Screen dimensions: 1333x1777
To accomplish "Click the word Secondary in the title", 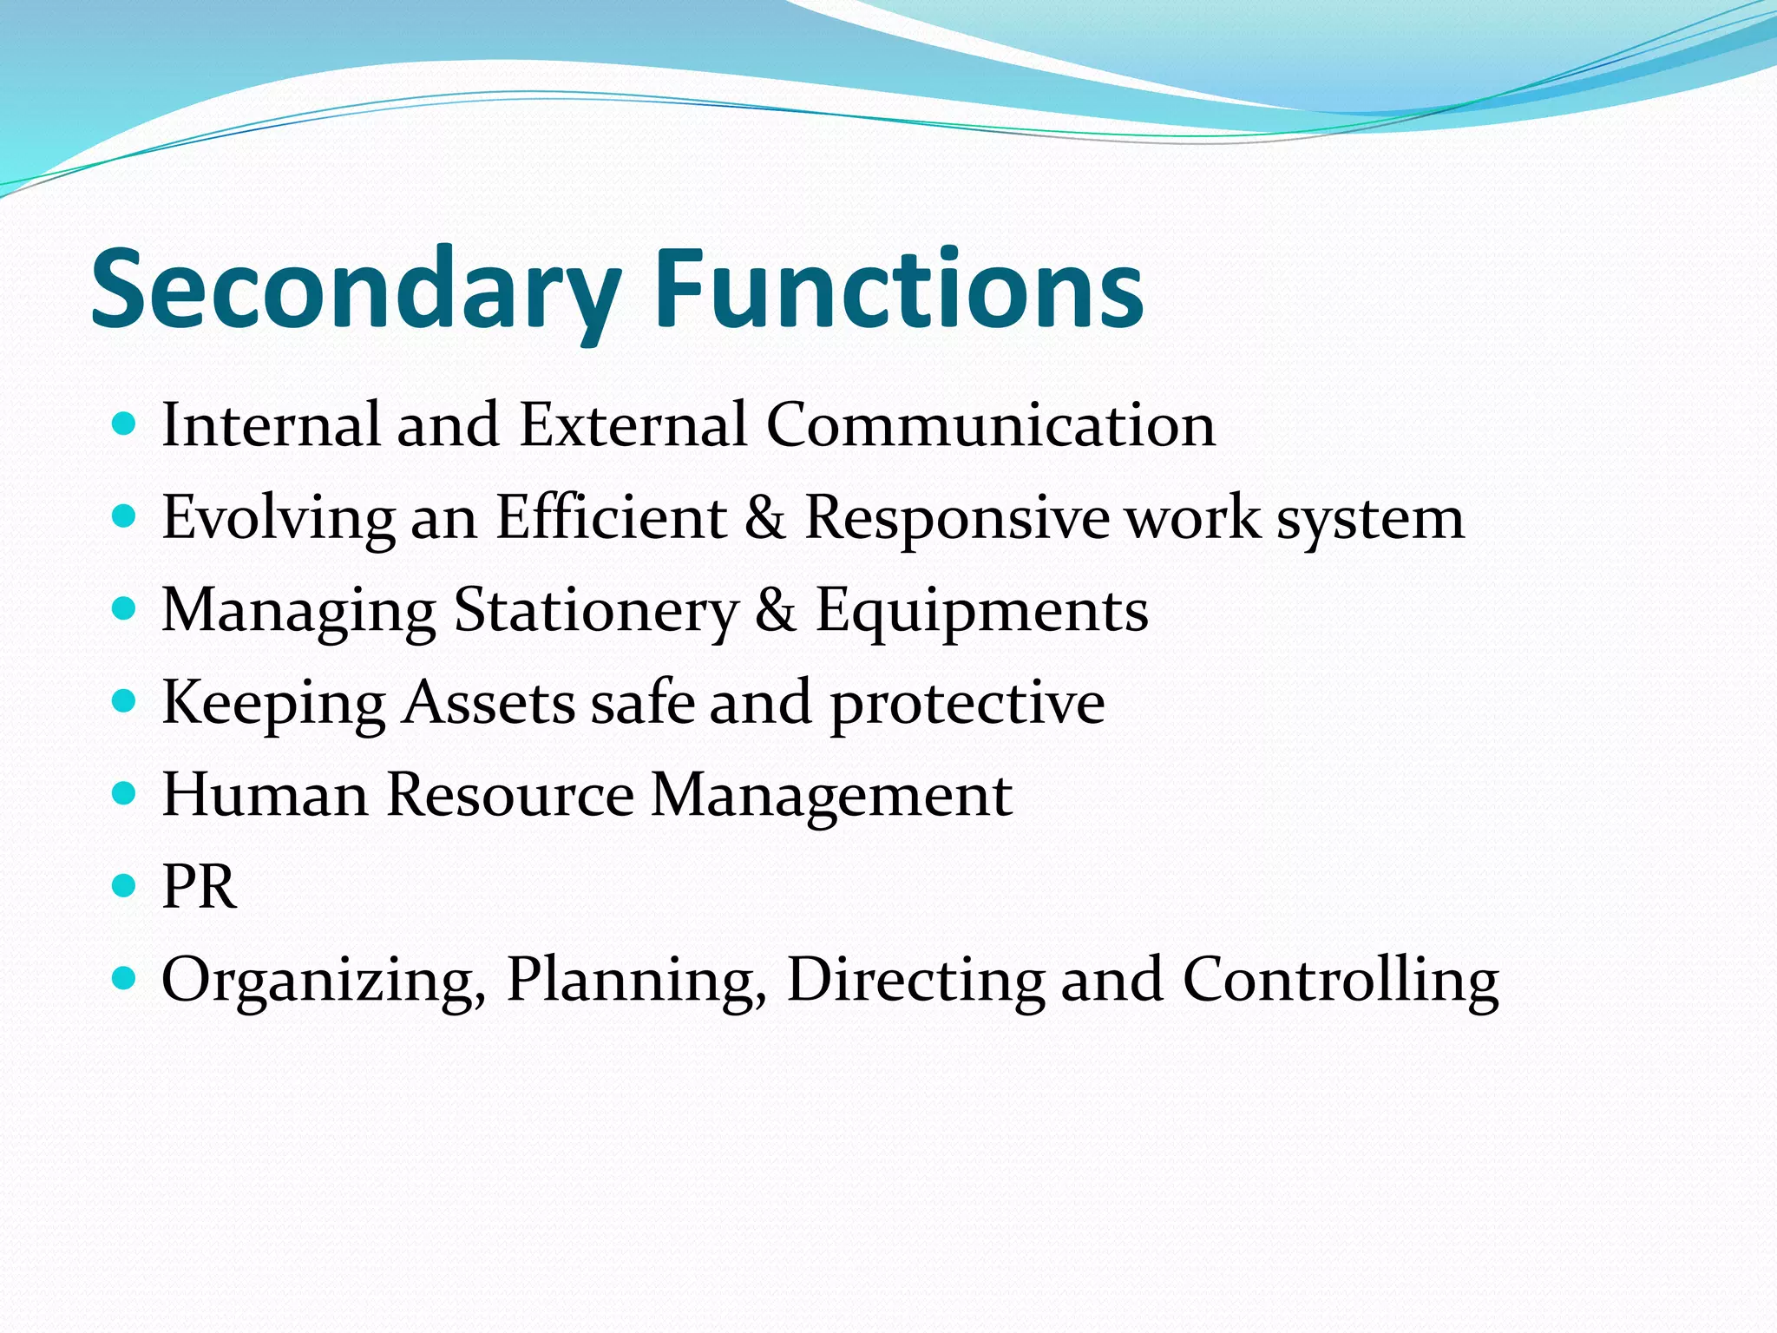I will tap(356, 291).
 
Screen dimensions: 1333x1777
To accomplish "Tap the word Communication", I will tap(990, 425).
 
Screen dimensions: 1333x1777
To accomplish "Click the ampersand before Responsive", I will tap(764, 518).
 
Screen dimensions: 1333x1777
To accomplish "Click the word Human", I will tap(265, 795).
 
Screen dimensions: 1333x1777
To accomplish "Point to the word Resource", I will tap(509, 795).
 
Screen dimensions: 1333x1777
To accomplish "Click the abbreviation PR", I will tap(199, 887).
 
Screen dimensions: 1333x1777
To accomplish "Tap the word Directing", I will tap(915, 982).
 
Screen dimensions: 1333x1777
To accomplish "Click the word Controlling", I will tap(1340, 982).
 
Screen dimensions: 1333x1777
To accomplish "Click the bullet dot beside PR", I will tap(125, 886).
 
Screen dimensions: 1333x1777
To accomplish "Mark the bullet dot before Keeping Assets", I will tap(125, 701).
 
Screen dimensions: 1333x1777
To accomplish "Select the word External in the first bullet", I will tap(633, 425).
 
